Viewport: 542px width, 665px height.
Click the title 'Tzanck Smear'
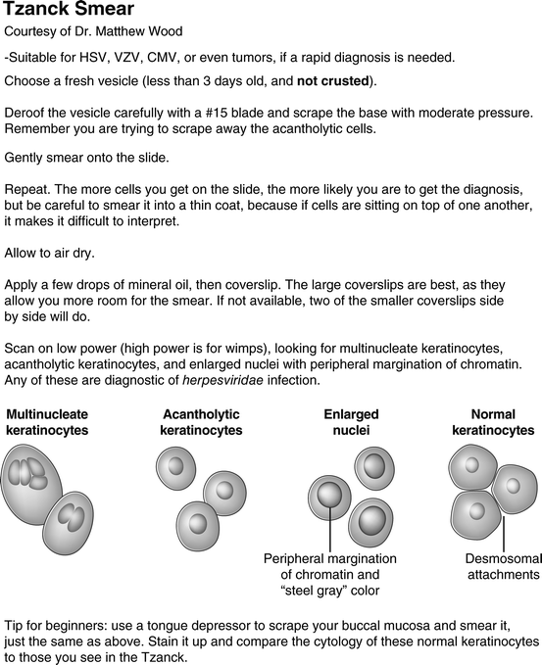tap(69, 9)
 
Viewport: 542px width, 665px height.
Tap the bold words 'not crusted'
tap(333, 80)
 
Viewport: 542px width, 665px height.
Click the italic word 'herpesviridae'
tap(222, 380)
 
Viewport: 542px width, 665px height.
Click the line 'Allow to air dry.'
tap(50, 253)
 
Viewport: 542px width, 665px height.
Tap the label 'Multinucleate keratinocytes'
tap(47, 422)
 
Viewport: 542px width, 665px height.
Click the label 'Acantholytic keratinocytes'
tap(201, 422)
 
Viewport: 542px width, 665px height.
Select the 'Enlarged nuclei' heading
tap(352, 422)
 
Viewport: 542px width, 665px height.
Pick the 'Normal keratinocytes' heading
tap(493, 422)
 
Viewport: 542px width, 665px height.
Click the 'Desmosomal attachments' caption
tap(504, 566)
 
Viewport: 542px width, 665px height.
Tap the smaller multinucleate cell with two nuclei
tap(68, 523)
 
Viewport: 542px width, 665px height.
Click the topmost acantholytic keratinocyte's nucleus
tap(175, 465)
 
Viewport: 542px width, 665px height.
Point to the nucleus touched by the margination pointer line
tap(329, 495)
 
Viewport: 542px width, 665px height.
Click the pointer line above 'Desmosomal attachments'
tap(504, 534)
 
